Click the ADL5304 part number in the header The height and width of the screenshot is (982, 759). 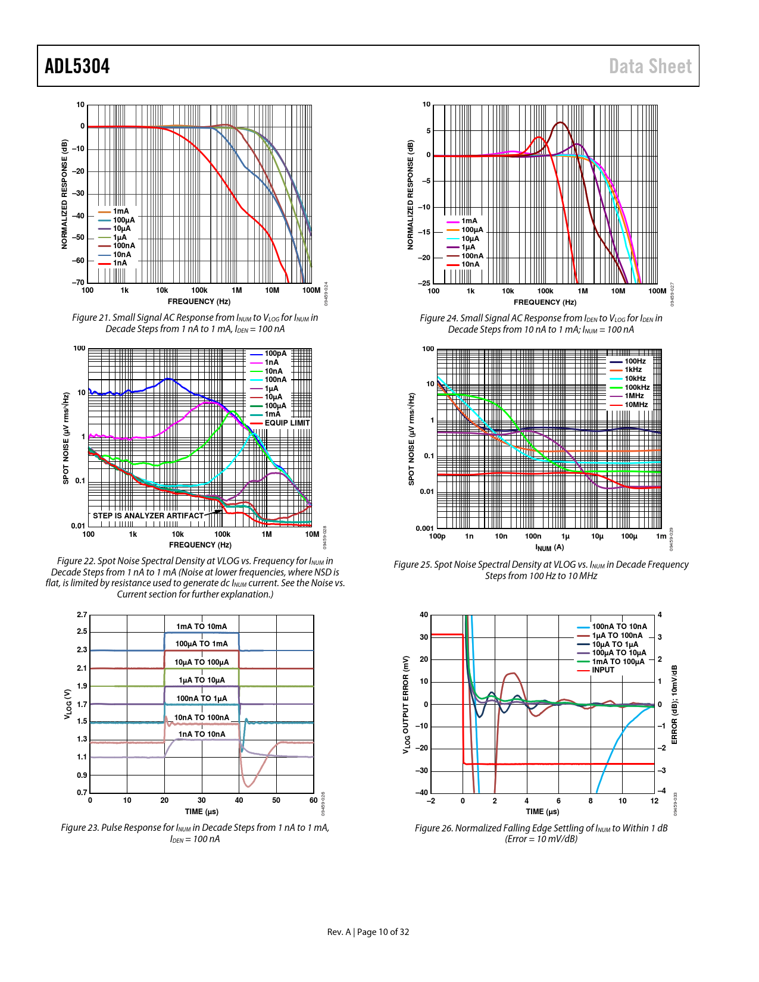tap(77, 66)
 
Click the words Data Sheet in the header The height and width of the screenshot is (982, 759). tap(650, 66)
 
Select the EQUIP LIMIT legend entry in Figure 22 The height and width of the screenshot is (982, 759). tap(287, 423)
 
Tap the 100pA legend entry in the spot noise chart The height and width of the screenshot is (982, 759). tap(275, 354)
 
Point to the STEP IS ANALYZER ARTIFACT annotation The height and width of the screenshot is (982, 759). tap(148, 515)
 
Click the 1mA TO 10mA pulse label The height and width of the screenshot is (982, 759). tap(201, 626)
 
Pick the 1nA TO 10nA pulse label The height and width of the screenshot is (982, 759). tap(202, 734)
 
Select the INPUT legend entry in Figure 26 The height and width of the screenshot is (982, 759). tap(602, 670)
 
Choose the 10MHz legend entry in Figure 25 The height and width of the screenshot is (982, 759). tap(636, 405)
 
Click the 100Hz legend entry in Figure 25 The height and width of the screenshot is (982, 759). tap(635, 361)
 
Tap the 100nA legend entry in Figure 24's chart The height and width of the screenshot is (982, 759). tap(472, 256)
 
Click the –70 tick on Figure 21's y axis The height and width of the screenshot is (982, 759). tap(79, 283)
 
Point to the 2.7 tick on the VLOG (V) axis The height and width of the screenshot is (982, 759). tap(82, 615)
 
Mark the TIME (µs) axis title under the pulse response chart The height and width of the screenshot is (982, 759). tap(201, 811)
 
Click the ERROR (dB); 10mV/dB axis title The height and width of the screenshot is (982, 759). tap(674, 705)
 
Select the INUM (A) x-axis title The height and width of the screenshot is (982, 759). tap(549, 548)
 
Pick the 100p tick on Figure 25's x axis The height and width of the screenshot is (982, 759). tap(437, 536)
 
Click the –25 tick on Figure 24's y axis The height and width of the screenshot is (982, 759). tap(424, 283)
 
